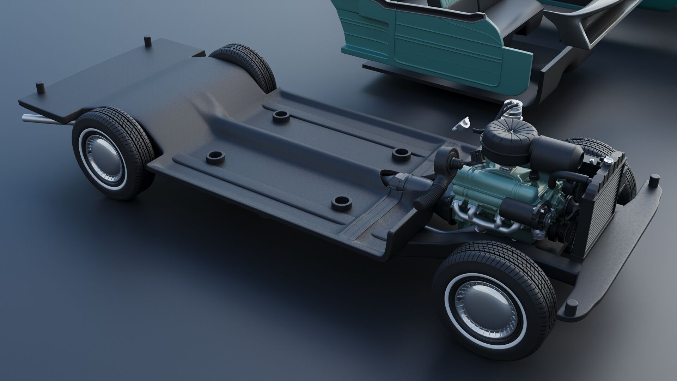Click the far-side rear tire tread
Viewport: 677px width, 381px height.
click(x=247, y=64)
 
